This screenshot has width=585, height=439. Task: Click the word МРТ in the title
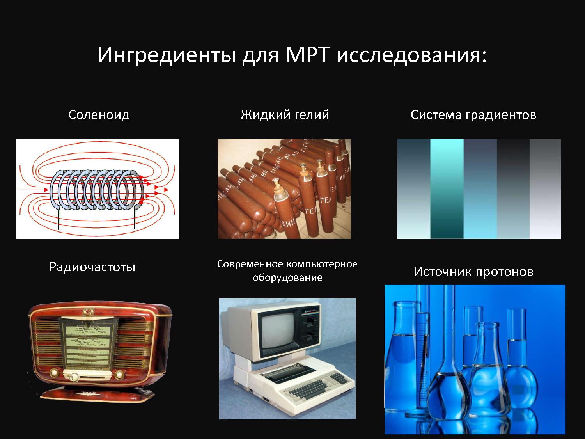pos(307,55)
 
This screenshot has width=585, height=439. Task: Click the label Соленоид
pos(99,115)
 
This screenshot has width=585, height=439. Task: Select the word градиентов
pos(501,115)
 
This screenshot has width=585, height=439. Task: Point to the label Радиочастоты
pos(92,267)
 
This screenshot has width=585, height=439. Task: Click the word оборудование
pos(287,278)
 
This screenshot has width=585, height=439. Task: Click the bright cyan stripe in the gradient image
pos(447,189)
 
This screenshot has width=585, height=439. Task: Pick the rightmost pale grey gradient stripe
pos(545,189)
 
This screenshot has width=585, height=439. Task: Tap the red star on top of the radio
pos(87,311)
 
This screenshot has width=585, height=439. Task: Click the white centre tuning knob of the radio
pos(72,377)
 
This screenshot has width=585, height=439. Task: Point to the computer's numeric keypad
pos(339,379)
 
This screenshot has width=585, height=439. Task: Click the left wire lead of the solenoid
pos(59,218)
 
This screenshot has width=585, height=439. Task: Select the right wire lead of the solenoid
pos(135,217)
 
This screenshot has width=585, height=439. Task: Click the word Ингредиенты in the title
pos(167,55)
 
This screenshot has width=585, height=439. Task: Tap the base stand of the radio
pos(97,394)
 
